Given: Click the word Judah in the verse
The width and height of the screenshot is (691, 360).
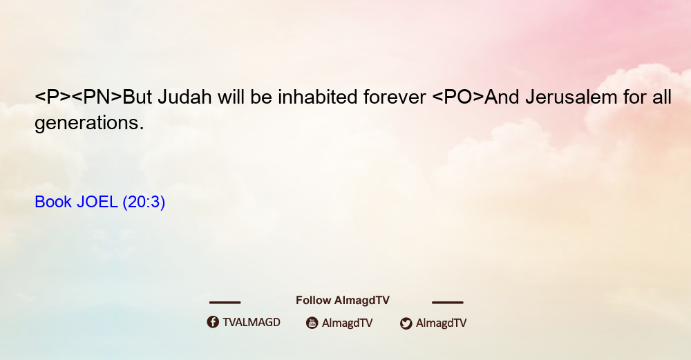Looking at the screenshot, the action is point(184,97).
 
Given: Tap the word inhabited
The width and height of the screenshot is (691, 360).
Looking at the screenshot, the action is point(317,97).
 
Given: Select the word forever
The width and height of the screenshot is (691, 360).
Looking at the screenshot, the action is point(395,97).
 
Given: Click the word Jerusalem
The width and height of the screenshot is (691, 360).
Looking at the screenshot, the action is point(571,97).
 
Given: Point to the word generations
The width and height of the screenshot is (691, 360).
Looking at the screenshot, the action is point(89,123).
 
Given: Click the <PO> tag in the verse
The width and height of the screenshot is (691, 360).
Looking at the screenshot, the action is point(458,97).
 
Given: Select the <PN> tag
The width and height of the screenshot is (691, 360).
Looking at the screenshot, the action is point(97,97).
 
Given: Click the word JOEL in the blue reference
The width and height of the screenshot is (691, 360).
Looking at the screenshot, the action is point(97,202).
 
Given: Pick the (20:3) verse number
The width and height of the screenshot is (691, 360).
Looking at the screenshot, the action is point(144,202).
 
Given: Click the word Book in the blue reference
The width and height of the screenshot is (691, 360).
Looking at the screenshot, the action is point(53,202).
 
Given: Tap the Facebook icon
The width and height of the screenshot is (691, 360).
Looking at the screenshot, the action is point(213,322).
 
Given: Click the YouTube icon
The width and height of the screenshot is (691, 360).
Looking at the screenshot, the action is point(312,323).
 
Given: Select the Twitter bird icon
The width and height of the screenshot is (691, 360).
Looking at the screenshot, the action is point(406,323).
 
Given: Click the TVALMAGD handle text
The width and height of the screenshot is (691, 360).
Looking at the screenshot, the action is point(252,322).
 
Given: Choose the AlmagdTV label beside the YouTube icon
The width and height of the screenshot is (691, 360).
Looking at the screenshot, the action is point(348,323).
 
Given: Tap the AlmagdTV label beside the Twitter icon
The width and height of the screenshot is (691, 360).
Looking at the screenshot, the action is point(441,323).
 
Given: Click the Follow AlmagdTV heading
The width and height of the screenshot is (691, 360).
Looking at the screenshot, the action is point(343,300).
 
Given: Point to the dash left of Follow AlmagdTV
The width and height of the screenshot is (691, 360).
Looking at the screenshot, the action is point(225,302).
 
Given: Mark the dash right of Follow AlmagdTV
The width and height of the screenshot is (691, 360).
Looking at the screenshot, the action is point(448,302).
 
